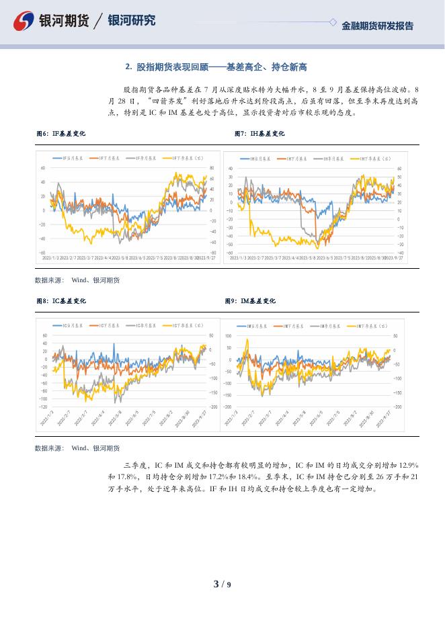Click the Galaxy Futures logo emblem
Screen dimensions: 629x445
(x=24, y=22)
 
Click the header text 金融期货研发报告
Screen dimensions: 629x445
(x=377, y=26)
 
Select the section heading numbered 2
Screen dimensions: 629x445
(x=216, y=67)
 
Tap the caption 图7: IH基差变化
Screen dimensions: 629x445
(x=259, y=134)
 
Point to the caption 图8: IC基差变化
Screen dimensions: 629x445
(x=60, y=301)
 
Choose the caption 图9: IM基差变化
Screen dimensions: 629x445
(x=250, y=301)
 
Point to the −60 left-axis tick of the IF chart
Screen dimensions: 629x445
(x=42, y=253)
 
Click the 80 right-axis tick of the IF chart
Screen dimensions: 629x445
(x=212, y=168)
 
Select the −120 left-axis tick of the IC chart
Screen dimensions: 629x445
(x=43, y=407)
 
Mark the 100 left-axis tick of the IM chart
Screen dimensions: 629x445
(x=228, y=335)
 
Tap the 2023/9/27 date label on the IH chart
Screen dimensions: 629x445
(x=394, y=257)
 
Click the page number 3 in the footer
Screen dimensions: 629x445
(x=216, y=584)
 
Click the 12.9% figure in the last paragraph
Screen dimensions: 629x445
(x=409, y=465)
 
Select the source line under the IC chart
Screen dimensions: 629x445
(x=77, y=448)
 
